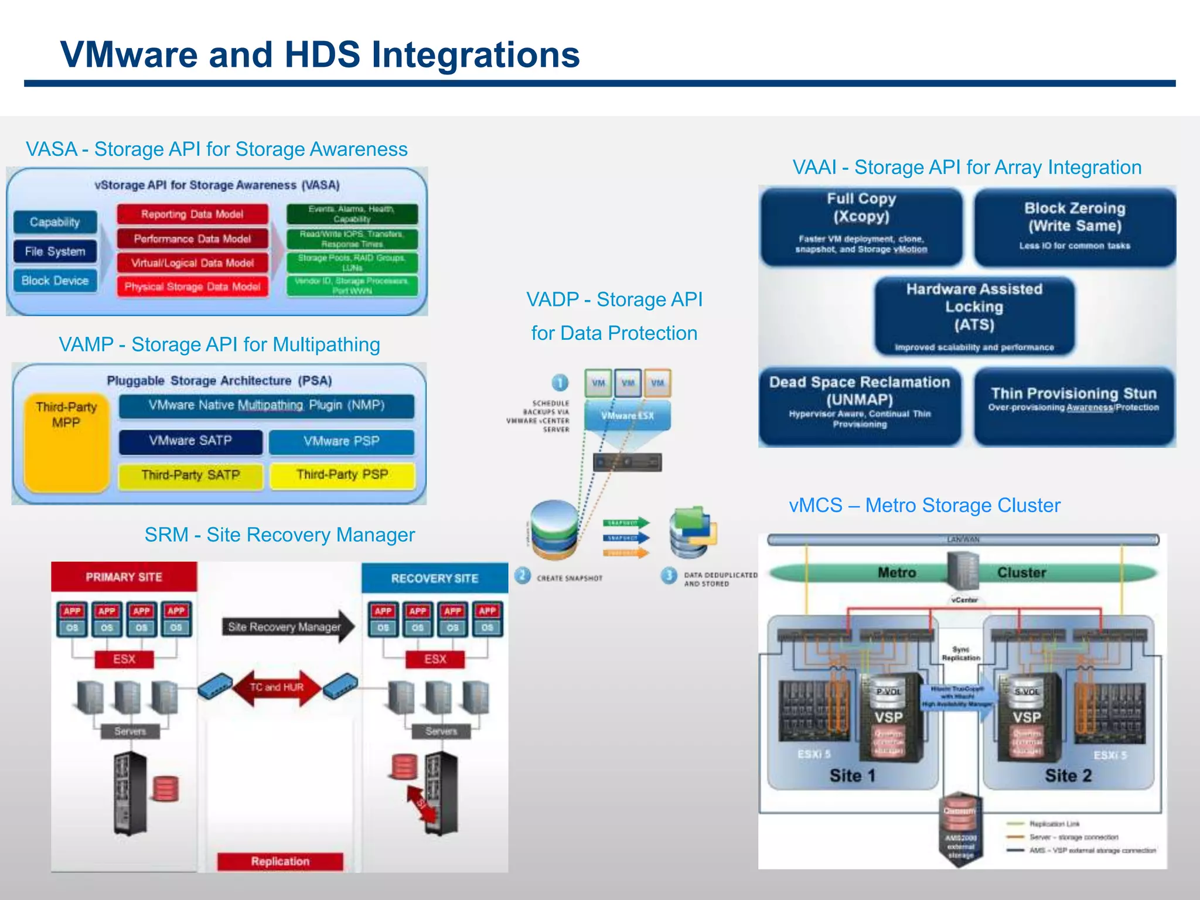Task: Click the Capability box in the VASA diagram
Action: tap(54, 222)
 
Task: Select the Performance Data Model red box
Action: tap(192, 238)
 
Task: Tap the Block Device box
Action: tap(54, 281)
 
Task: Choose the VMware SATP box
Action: tap(190, 441)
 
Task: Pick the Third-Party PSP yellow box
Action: tap(342, 475)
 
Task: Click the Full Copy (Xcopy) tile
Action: tap(861, 226)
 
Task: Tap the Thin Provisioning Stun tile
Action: tap(1073, 405)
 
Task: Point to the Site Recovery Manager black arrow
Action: tap(287, 627)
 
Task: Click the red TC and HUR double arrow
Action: tap(277, 687)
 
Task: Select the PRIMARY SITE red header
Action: tap(124, 577)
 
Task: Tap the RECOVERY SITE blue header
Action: tap(434, 578)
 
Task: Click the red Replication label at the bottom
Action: tap(280, 861)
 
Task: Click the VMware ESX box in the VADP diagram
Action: tap(627, 415)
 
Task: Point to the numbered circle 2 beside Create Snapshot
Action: tap(523, 576)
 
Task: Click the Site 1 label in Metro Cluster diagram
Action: tap(852, 776)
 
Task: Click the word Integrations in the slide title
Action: tap(475, 54)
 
